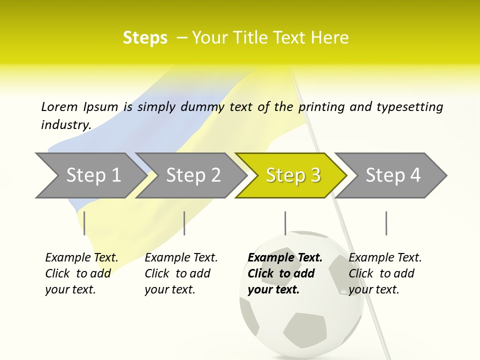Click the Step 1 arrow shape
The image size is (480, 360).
(90, 175)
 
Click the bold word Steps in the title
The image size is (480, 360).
(145, 37)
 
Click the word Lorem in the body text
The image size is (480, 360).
(59, 106)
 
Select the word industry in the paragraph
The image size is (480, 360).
(65, 125)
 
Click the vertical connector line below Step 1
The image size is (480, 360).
(84, 223)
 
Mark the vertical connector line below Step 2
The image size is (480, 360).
(184, 223)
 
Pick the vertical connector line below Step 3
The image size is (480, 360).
(285, 223)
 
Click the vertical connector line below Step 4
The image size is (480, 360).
(386, 223)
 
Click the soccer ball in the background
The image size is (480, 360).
(300, 320)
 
